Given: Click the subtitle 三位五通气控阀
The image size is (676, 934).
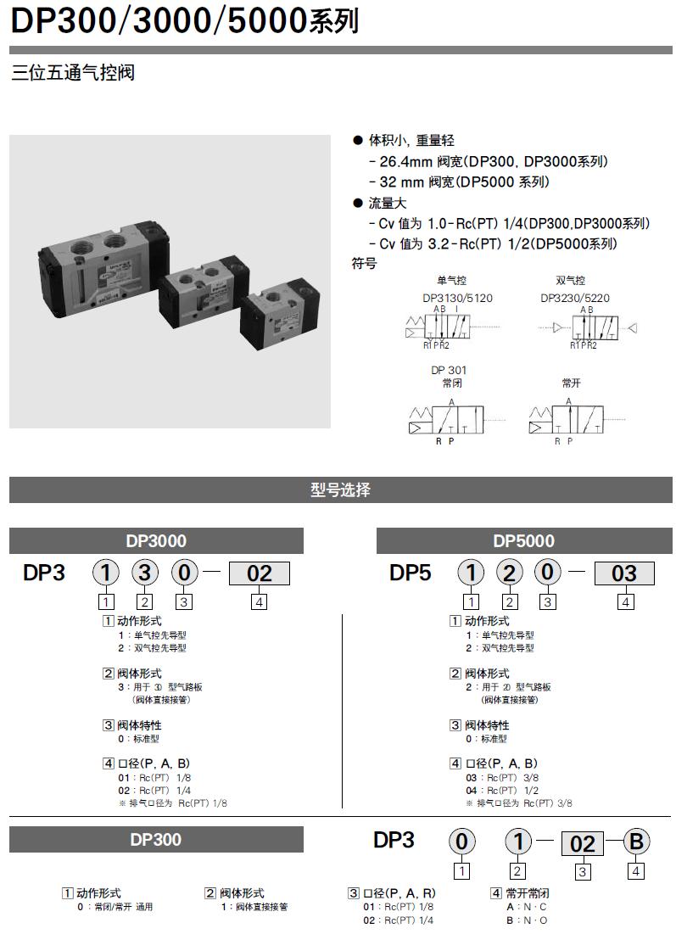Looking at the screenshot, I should (x=73, y=73).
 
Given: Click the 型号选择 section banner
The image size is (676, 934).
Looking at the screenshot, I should (x=340, y=490).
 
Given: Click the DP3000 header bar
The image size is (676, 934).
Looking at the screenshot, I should (x=156, y=541).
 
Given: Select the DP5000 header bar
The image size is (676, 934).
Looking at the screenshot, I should (x=523, y=541).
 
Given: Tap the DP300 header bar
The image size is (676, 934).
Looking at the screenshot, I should (x=156, y=840).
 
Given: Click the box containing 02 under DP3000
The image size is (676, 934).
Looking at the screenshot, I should (x=259, y=573).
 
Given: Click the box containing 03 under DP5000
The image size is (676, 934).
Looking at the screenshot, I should (x=623, y=573).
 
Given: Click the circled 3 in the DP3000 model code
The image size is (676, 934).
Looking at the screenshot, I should (x=145, y=573).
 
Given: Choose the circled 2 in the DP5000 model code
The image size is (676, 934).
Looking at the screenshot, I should (x=510, y=573).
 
